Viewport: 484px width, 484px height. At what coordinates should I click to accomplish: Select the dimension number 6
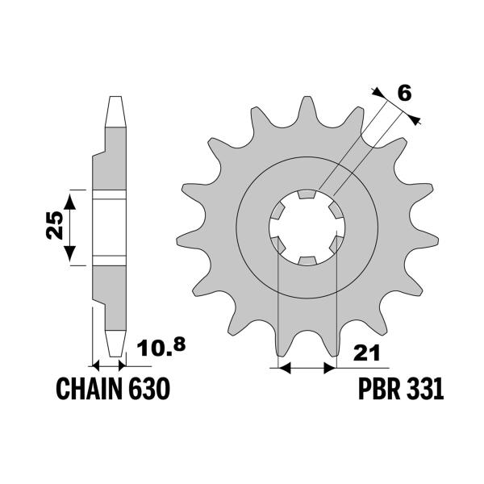[x=405, y=94]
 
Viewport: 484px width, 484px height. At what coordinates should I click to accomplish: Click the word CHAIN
[x=89, y=390]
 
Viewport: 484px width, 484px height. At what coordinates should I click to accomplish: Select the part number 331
[x=425, y=390]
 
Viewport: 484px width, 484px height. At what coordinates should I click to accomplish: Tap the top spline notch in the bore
[x=307, y=194]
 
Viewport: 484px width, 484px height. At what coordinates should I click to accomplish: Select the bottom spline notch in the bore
[x=307, y=260]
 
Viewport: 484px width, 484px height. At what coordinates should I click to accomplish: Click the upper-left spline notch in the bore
[x=277, y=211]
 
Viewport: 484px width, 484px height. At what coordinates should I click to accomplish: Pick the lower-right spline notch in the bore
[x=336, y=243]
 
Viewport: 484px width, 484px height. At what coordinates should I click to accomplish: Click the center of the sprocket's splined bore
[x=307, y=227]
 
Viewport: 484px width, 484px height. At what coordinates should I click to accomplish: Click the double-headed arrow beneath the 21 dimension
[x=306, y=369]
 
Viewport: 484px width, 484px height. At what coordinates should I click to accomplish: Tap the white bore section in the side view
[x=111, y=227]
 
